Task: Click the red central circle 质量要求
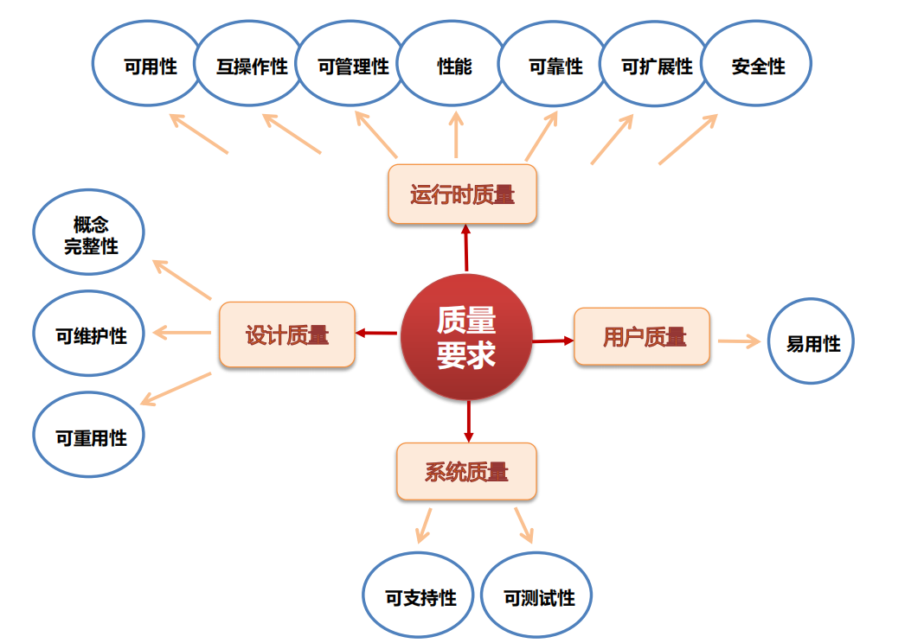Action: point(466,337)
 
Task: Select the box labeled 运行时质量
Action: point(462,194)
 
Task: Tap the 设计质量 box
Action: point(286,334)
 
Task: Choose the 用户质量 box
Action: point(643,336)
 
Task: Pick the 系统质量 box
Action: point(466,472)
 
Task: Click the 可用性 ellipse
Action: point(148,65)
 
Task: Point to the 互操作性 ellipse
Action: point(250,65)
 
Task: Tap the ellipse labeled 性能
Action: point(453,65)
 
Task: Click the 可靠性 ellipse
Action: point(555,65)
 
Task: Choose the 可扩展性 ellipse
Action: point(656,65)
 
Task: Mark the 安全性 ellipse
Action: point(757,65)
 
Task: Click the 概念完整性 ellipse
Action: point(89,234)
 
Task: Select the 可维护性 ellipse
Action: point(89,334)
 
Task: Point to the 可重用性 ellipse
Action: point(89,436)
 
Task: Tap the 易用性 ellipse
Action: point(812,342)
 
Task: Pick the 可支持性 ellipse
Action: point(419,595)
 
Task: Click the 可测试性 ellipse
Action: point(537,595)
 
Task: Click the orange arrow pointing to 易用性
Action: point(739,341)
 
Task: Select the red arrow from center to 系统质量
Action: point(468,420)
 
